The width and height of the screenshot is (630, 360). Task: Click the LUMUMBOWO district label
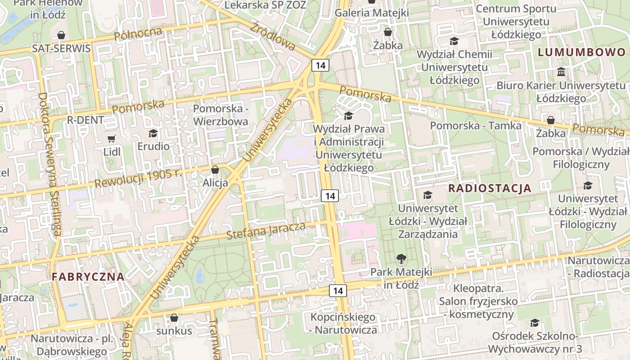[x=582, y=52]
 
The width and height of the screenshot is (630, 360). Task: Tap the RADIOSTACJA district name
[x=490, y=188]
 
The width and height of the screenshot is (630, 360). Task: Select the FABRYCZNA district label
[x=88, y=277]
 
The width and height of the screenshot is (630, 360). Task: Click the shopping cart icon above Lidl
[x=112, y=139]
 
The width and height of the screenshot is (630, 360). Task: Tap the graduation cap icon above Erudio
[x=153, y=133]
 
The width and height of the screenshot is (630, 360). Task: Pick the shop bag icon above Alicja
[x=215, y=170]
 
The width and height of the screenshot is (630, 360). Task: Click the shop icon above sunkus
[x=174, y=318]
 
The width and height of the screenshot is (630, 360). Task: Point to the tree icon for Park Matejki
[x=401, y=259]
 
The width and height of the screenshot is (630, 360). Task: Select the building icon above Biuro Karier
[x=561, y=72]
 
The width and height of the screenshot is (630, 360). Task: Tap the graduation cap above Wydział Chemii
[x=454, y=41]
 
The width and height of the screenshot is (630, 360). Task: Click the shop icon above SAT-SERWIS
[x=61, y=35]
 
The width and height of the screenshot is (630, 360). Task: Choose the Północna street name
[x=138, y=34]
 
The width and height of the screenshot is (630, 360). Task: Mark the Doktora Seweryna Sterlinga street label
[x=50, y=164]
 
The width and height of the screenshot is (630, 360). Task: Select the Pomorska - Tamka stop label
[x=476, y=126]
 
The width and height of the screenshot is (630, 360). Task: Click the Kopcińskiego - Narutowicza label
[x=343, y=324]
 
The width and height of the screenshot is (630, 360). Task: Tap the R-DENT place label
[x=85, y=120]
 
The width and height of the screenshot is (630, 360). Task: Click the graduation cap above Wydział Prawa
[x=348, y=116]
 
